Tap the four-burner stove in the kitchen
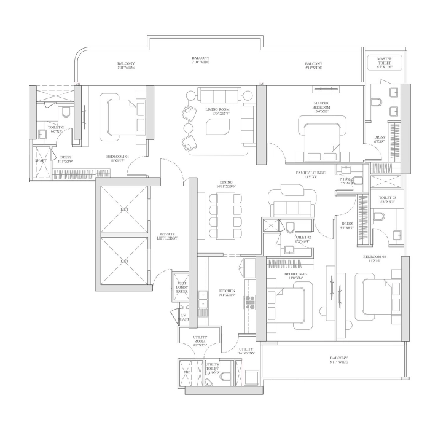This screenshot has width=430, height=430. (250, 301)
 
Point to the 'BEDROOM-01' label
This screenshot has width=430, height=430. (117, 157)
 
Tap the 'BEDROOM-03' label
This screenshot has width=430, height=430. (373, 258)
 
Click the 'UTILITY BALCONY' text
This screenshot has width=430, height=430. (246, 351)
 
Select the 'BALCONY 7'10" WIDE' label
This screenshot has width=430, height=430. (200, 60)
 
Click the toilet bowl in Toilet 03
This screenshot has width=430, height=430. (380, 216)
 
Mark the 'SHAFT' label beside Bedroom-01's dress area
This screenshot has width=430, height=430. (41, 161)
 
